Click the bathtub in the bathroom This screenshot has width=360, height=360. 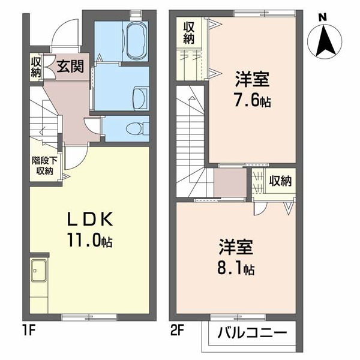pyautogui.click(x=136, y=41)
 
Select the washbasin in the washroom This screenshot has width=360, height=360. pyautogui.click(x=140, y=98)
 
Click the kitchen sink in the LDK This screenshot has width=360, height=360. pyautogui.click(x=38, y=271)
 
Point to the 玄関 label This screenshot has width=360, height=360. pyautogui.click(x=70, y=67)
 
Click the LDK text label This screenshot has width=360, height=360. pyautogui.click(x=90, y=219)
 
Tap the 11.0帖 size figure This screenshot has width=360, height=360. pyautogui.click(x=89, y=240)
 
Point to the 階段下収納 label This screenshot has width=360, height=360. pyautogui.click(x=44, y=166)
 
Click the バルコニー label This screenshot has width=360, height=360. pyautogui.click(x=253, y=332)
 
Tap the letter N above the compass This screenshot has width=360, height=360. pyautogui.click(x=323, y=17)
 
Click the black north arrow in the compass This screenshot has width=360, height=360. pyautogui.click(x=324, y=41)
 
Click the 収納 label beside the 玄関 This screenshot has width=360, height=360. pyautogui.click(x=36, y=67)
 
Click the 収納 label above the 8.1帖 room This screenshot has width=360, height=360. pyautogui.click(x=281, y=181)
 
